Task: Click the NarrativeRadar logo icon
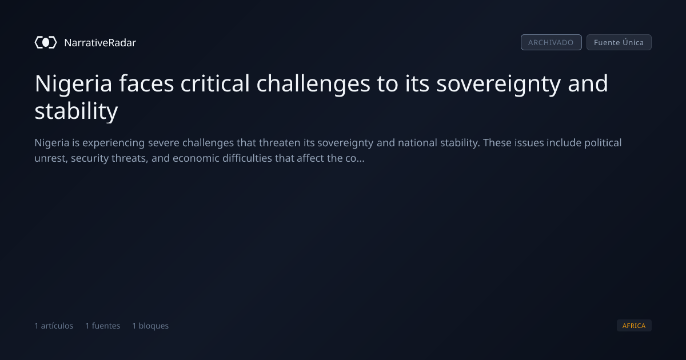point(46,42)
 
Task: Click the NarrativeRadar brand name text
point(100,43)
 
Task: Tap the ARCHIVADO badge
point(551,42)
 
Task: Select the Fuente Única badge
point(619,42)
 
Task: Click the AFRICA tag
point(634,325)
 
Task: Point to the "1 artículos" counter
point(54,326)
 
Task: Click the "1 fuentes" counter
point(103,326)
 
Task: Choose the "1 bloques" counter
point(150,326)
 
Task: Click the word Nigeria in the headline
point(74,84)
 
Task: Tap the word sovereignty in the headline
point(498,84)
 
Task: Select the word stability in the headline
point(76,111)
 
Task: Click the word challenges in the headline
point(313,84)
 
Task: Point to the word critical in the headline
point(215,83)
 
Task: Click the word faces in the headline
point(146,83)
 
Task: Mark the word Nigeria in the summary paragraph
point(52,143)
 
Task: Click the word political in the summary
point(603,143)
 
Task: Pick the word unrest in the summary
point(51,158)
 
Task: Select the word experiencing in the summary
point(114,143)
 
